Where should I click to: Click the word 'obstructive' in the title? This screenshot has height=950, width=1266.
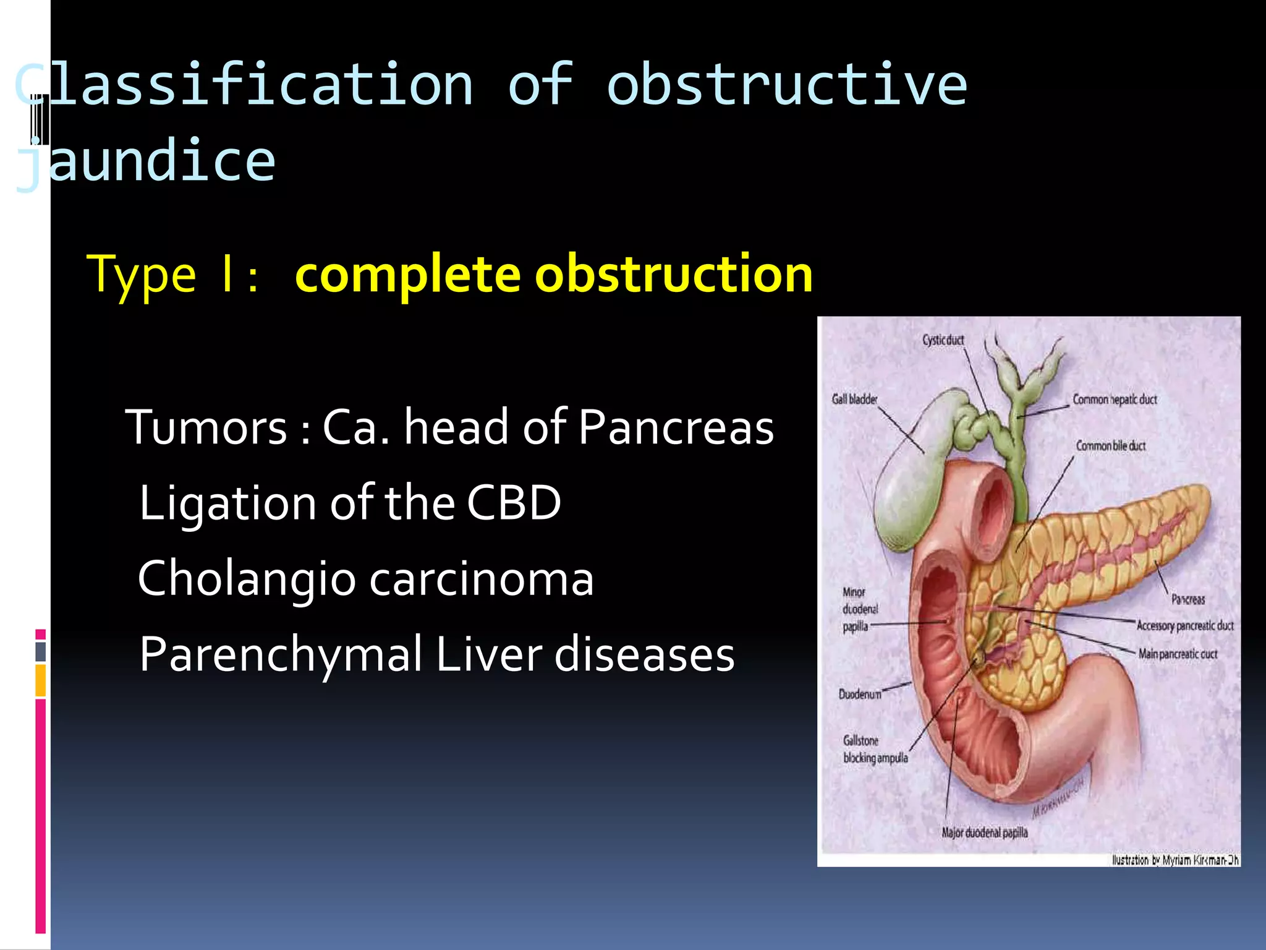(786, 85)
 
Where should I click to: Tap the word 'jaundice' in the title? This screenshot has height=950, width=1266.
(146, 161)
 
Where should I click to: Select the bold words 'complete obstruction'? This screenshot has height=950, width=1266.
(553, 274)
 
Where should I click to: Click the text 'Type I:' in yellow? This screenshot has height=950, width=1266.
(172, 275)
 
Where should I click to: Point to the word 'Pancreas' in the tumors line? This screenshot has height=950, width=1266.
(676, 427)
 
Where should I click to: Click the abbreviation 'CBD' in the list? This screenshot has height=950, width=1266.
(513, 503)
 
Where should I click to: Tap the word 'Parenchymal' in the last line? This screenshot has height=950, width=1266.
(280, 654)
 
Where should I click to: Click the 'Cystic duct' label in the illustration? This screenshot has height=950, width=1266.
(943, 340)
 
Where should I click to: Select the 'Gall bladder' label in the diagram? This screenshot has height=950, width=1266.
(854, 400)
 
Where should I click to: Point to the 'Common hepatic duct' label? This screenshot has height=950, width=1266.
(1115, 400)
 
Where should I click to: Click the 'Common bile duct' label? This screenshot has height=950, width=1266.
(1110, 446)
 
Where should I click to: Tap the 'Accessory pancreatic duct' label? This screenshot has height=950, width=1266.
(1184, 626)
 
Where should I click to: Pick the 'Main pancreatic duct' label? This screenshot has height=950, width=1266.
(1178, 654)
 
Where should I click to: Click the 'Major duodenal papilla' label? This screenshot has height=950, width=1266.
(984, 832)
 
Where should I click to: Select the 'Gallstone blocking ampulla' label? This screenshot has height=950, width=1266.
(875, 749)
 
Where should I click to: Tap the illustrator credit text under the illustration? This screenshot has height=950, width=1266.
(1175, 860)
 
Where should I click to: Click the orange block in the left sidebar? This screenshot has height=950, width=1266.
(41, 680)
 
